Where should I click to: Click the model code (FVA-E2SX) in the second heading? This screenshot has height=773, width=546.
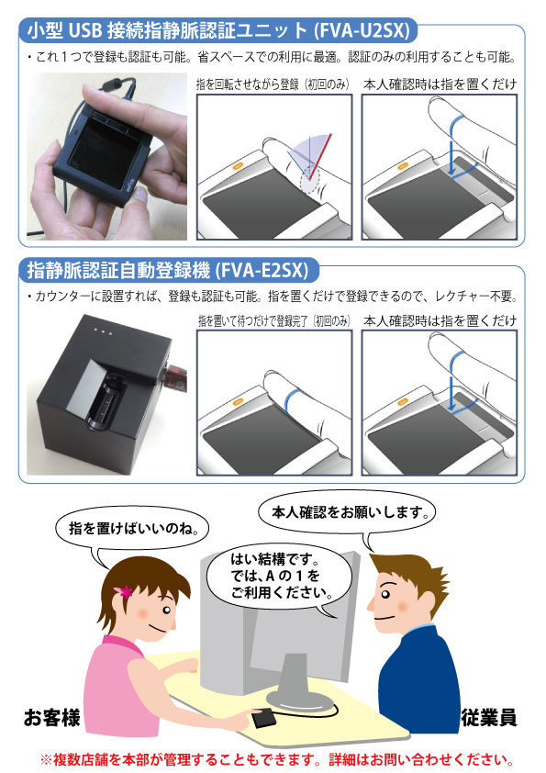click(x=262, y=271)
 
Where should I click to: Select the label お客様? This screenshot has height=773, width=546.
click(x=51, y=717)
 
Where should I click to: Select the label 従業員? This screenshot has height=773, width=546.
click(x=489, y=717)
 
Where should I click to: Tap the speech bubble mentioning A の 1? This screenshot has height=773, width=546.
click(x=278, y=577)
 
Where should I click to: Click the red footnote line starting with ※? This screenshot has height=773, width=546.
click(x=277, y=760)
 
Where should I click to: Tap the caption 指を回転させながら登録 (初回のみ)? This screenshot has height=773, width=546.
click(x=273, y=84)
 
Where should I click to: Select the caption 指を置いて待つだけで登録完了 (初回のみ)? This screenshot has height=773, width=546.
click(x=274, y=321)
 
